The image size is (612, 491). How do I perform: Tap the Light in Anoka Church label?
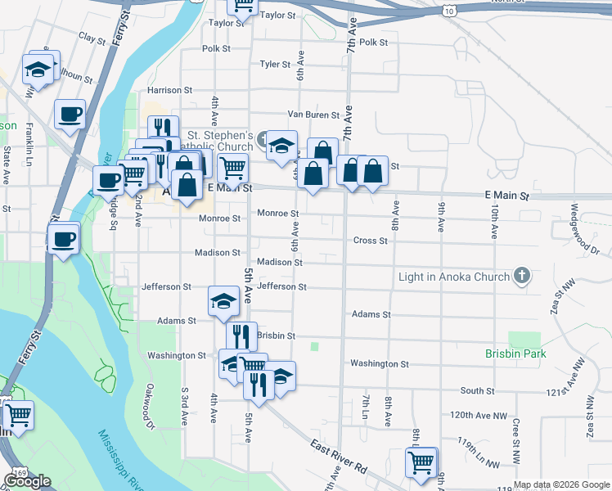tap(453, 277)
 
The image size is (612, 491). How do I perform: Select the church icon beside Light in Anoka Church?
tap(522, 276)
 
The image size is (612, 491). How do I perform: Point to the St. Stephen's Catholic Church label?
tap(220, 141)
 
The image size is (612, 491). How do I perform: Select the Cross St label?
tap(370, 241)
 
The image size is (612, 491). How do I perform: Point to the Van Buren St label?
tap(313, 115)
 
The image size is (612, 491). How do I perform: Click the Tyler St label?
tap(275, 64)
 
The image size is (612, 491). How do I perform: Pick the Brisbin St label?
tap(276, 336)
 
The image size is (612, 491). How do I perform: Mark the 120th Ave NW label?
tap(479, 416)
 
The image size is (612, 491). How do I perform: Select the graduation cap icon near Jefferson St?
tap(223, 302)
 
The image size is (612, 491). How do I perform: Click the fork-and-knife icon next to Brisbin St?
tap(241, 335)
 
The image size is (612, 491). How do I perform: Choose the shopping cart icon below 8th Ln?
tap(421, 462)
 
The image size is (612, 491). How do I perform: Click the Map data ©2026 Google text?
tap(561, 484)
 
